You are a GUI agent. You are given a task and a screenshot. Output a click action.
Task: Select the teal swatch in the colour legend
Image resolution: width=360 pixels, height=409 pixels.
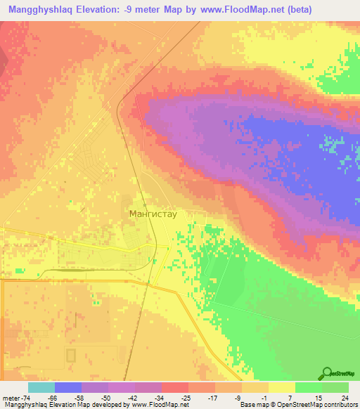[41, 387]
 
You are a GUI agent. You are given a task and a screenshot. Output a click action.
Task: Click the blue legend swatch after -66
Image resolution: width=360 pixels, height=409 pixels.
[67, 387]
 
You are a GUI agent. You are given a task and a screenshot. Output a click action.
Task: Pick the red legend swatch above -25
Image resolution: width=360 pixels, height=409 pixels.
[175, 387]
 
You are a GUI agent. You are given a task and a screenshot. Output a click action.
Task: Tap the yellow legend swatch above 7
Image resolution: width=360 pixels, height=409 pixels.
[282, 387]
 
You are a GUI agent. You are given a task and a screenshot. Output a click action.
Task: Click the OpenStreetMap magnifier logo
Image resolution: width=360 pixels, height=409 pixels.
[327, 373]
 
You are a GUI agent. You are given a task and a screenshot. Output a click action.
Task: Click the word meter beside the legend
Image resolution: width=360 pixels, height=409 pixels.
[9, 398]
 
